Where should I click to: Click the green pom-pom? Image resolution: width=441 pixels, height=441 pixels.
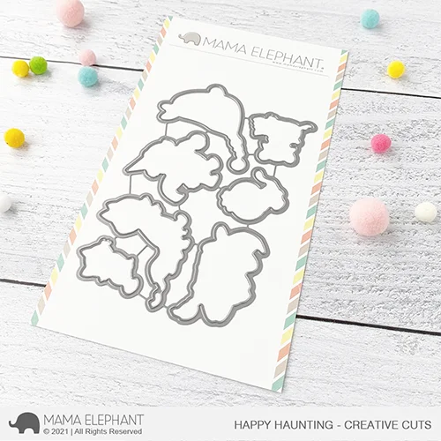point(38,64)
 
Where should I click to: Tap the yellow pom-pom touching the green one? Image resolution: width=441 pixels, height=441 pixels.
point(20,68)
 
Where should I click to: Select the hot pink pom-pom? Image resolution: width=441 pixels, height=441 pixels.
point(380,144)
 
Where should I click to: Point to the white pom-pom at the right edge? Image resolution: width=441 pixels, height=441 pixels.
point(426,212)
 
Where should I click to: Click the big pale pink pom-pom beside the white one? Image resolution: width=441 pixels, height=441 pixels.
point(369,216)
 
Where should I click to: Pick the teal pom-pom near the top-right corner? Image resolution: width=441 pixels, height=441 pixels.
point(370,19)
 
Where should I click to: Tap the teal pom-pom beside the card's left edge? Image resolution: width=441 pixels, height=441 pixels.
point(88,77)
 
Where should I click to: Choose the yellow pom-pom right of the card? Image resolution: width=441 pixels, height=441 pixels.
point(397,69)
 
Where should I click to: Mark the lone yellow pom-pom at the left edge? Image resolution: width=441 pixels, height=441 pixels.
point(14,138)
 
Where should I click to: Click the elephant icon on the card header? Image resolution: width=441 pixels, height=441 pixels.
point(189,39)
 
